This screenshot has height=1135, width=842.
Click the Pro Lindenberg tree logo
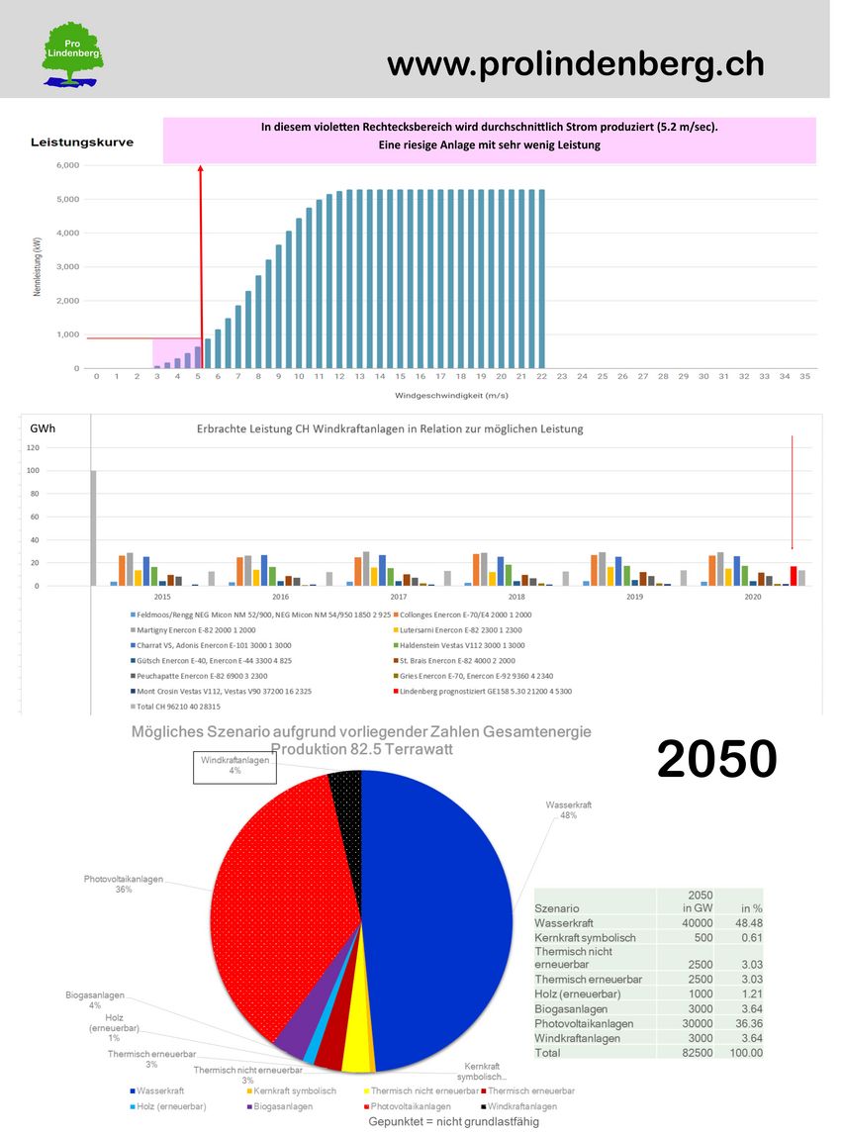point(72,55)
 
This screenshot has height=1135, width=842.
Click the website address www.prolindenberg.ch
point(575,64)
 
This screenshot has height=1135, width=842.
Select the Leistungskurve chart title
point(82,142)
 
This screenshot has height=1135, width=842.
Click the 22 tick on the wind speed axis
point(541,377)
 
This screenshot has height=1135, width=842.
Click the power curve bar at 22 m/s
point(541,278)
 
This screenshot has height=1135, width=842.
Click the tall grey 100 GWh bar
point(94,528)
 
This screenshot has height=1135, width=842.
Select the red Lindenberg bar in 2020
point(793,576)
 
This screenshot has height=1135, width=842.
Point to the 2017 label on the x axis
point(399,597)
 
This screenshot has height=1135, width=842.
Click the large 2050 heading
point(716,760)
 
